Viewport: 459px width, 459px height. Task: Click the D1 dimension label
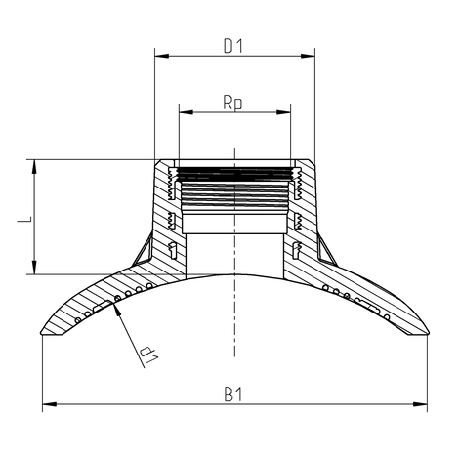(x=233, y=46)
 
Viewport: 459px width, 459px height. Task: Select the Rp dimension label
(x=233, y=101)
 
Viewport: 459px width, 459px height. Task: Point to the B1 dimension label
(x=233, y=394)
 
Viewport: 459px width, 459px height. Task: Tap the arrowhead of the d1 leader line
(x=117, y=306)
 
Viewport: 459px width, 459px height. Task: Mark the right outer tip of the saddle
(x=429, y=333)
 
